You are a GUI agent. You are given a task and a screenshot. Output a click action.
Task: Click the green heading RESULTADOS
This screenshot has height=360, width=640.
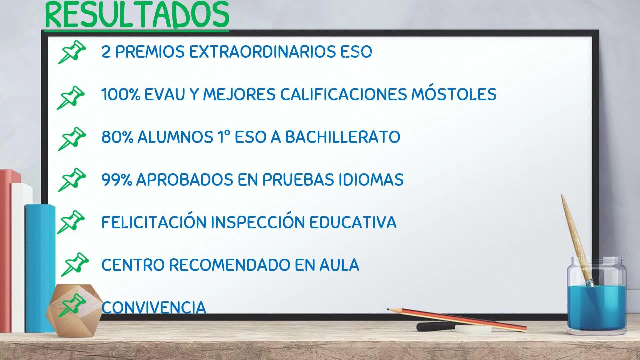pyautogui.click(x=137, y=15)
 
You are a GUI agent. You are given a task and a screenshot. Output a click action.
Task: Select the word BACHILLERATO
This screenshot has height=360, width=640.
pyautogui.click(x=343, y=137)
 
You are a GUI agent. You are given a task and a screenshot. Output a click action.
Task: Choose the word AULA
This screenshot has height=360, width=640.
pyautogui.click(x=339, y=265)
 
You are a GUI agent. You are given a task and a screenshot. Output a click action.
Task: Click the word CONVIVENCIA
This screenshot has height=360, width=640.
pyautogui.click(x=154, y=307)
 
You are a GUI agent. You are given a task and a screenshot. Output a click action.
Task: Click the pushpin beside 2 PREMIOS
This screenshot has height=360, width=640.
pyautogui.click(x=72, y=52)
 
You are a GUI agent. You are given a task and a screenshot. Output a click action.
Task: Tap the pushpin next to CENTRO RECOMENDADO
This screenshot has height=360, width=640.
pyautogui.click(x=75, y=264)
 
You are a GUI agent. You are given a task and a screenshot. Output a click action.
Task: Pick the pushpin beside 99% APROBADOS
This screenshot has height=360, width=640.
pyautogui.click(x=72, y=180)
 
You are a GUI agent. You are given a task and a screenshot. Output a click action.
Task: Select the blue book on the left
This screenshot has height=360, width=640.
pyautogui.click(x=40, y=268)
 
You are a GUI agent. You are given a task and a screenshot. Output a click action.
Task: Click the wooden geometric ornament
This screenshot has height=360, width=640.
pyautogui.click(x=74, y=310)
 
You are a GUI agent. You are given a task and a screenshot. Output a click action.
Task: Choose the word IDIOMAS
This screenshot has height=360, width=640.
pyautogui.click(x=371, y=180)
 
